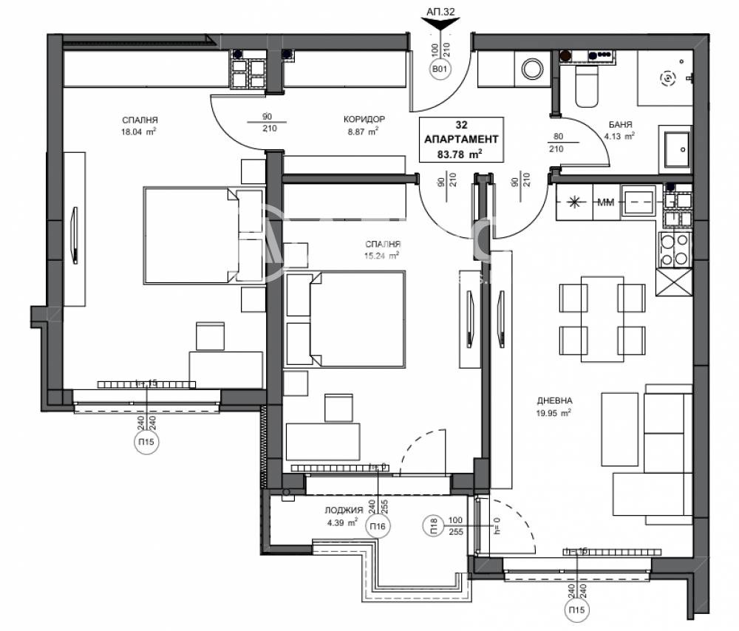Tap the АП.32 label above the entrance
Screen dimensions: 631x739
[x=440, y=13]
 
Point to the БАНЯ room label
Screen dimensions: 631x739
[x=619, y=124]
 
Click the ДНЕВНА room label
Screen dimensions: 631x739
[x=555, y=400]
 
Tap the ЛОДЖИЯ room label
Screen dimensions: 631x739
[x=344, y=511]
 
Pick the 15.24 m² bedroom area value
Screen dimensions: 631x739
[x=381, y=255]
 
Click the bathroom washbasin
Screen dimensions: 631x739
[x=674, y=150]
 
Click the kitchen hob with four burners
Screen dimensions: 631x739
[x=673, y=249]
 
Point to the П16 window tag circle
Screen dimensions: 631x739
[x=378, y=526]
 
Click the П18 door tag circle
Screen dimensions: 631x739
[x=434, y=526]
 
